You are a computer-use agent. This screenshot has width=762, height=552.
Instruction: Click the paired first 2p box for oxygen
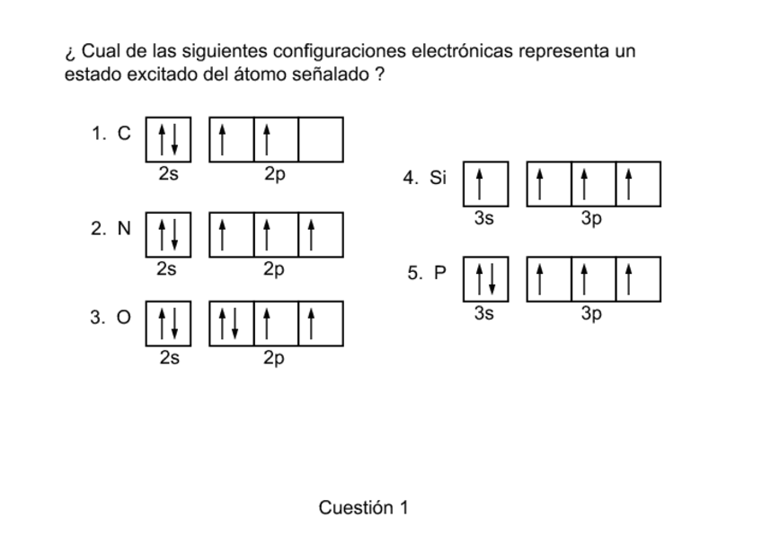[x=232, y=323]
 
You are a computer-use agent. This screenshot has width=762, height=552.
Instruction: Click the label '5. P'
[x=426, y=274]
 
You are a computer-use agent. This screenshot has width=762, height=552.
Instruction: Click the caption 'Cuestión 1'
[x=363, y=508]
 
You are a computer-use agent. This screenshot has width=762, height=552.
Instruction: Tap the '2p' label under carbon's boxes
[x=275, y=173]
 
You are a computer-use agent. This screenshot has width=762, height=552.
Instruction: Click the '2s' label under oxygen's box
[x=168, y=358]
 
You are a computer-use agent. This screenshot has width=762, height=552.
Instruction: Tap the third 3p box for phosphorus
[x=638, y=278]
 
